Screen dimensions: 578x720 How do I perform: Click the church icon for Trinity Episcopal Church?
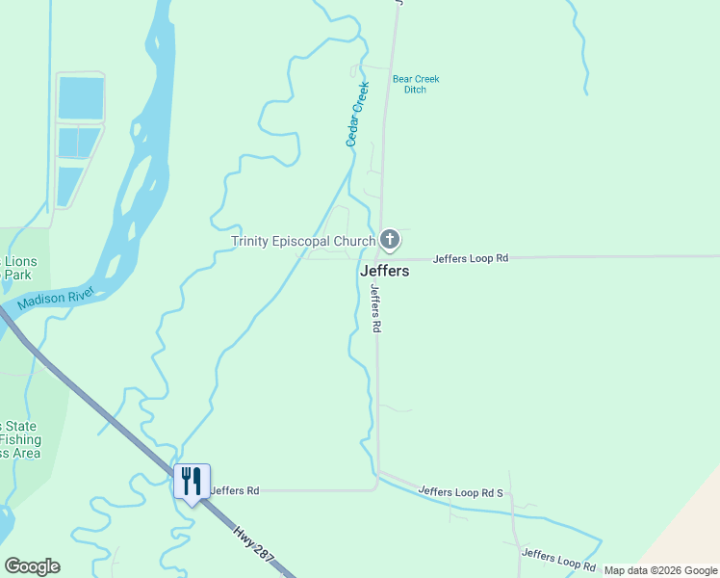coord(390,239)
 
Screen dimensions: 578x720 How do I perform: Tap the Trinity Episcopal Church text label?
coord(303,241)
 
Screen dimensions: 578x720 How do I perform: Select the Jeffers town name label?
coord(384,271)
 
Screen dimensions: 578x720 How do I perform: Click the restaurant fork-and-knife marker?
coord(192,481)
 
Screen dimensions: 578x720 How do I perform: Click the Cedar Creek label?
coord(357,115)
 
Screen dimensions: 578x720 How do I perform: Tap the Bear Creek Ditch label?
coord(415,85)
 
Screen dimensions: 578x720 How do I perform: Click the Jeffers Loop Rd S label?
coord(461,492)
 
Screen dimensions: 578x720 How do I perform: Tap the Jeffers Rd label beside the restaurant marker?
coord(235,490)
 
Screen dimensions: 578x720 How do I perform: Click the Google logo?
coord(32,566)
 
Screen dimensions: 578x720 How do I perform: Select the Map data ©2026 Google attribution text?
coord(660,571)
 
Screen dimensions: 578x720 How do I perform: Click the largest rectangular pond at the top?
coord(81,98)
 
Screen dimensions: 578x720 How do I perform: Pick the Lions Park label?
coord(19,268)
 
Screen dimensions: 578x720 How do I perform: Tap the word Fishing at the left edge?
coord(19,439)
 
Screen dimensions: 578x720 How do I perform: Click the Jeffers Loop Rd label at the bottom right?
coord(558,560)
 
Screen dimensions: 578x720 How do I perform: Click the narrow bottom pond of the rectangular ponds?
coord(69,185)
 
